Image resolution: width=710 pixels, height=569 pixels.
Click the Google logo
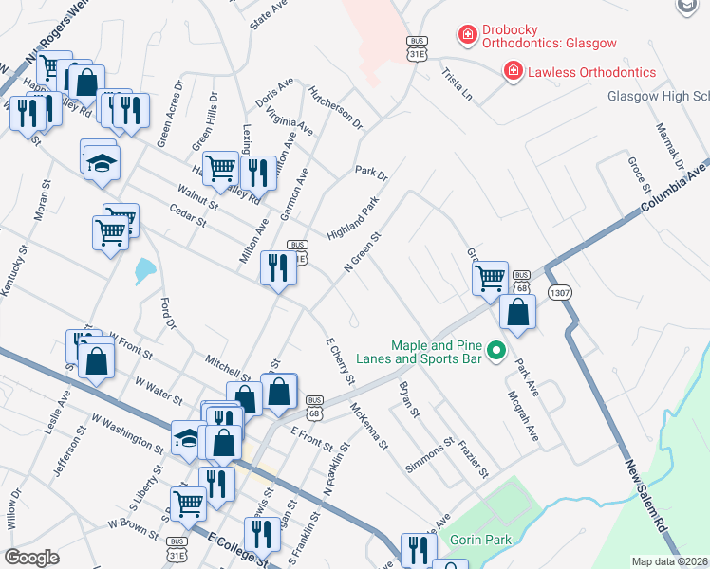coord(32,557)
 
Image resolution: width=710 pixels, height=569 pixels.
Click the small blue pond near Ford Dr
coord(143,272)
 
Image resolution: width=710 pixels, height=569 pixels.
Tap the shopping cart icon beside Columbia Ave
coord(491,279)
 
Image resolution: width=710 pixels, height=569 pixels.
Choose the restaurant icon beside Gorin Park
coord(417,550)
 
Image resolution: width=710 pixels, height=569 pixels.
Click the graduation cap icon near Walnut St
coord(99,162)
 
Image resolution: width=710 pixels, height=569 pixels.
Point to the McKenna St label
coord(370,426)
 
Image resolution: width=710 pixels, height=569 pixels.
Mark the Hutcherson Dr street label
coord(335,106)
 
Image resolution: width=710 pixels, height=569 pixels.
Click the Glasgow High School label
coord(658,97)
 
